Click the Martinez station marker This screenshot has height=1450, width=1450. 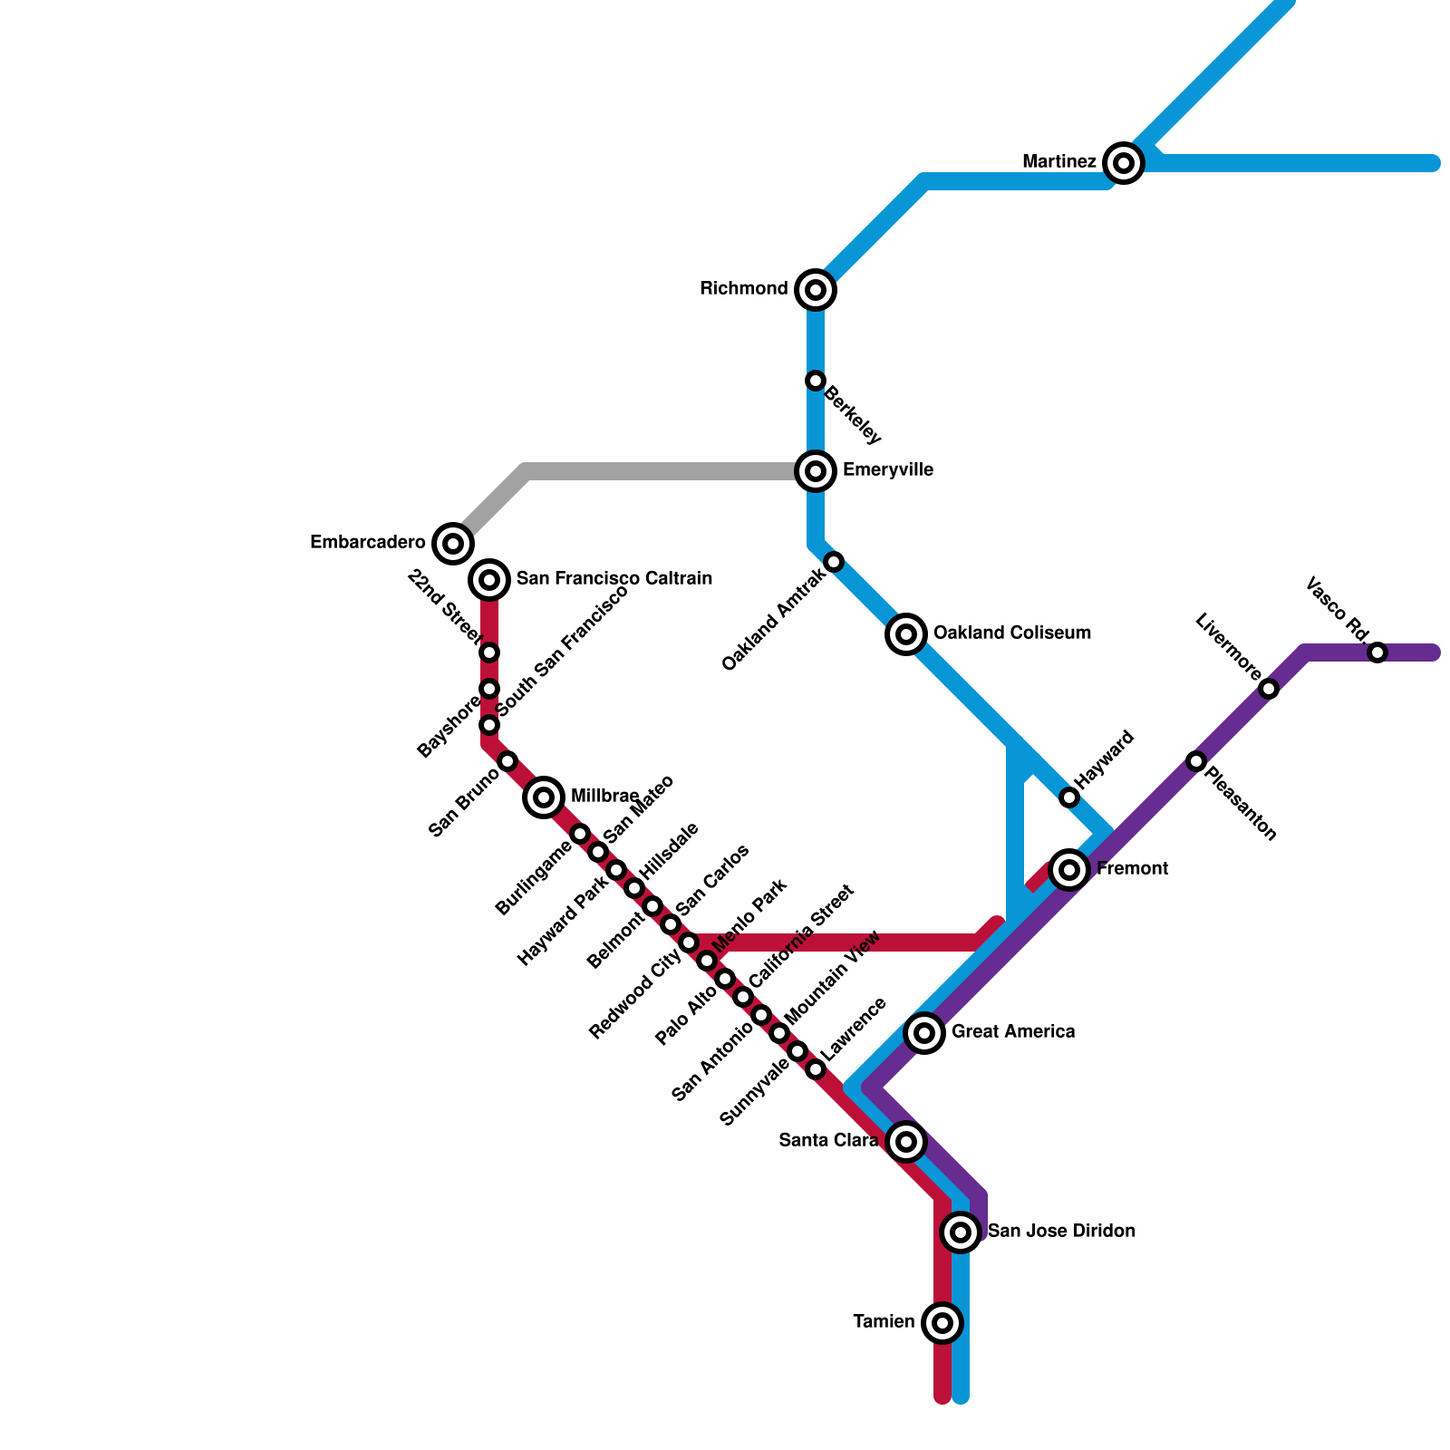click(1124, 163)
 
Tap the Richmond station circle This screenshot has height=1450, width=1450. click(816, 290)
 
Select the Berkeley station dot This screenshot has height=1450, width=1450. click(816, 381)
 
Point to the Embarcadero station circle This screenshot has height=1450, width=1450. click(453, 544)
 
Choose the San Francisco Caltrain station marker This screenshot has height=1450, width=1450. click(489, 579)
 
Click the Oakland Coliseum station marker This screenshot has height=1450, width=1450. click(906, 634)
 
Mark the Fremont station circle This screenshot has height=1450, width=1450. click(1069, 870)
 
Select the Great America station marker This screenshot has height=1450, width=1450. click(924, 1032)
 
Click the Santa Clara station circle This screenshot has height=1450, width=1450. click(906, 1142)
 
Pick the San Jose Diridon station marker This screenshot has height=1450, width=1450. click(961, 1232)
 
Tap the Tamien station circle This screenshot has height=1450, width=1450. click(942, 1323)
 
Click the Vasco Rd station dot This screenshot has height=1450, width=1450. click(1377, 652)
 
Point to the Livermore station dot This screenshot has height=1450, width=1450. click(1270, 689)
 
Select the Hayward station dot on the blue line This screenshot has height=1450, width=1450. click(1069, 797)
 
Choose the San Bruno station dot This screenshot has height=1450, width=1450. click(507, 761)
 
